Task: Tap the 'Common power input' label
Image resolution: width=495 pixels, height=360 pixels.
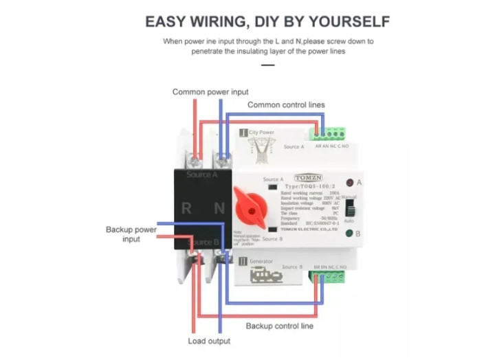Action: click(x=210, y=91)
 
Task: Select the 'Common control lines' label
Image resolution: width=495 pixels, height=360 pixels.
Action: click(x=285, y=105)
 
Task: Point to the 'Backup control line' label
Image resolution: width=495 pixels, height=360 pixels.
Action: click(x=279, y=326)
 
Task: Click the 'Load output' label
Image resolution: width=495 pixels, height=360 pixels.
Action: click(x=209, y=341)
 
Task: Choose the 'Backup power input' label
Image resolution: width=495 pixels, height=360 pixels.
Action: click(x=131, y=234)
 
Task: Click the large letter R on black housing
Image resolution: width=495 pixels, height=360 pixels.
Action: click(x=187, y=208)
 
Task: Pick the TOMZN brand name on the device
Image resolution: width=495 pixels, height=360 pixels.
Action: click(x=306, y=177)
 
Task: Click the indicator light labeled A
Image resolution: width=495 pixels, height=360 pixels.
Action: click(x=349, y=183)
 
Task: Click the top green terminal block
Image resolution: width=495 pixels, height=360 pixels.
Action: click(x=331, y=134)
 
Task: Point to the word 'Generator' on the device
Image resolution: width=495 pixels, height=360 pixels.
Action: click(x=261, y=262)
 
